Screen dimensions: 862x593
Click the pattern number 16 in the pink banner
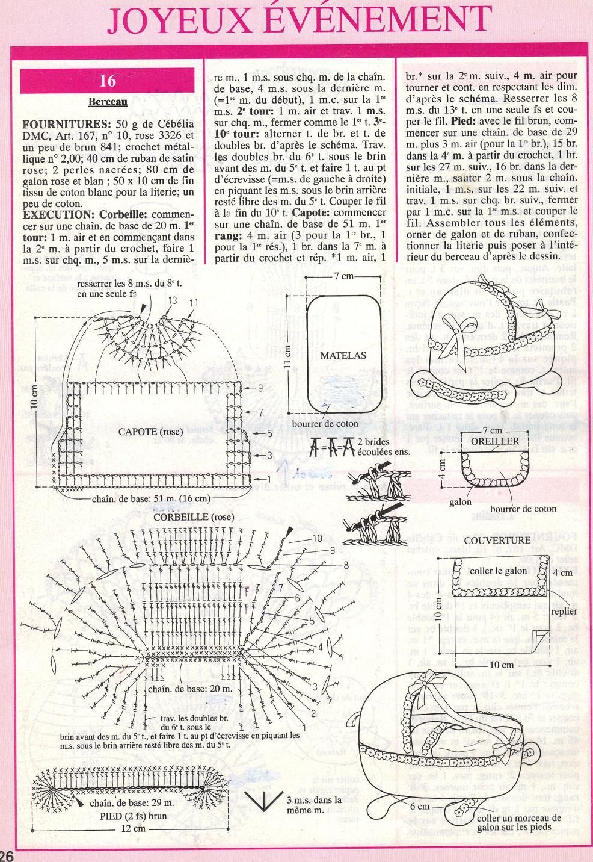point(108,81)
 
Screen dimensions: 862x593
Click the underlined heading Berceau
point(108,102)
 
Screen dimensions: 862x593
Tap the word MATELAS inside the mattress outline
point(343,355)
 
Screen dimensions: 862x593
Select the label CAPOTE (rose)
point(148,431)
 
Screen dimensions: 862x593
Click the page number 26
point(8,855)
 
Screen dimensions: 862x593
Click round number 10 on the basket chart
point(318,538)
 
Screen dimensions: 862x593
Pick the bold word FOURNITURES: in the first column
point(50,123)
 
